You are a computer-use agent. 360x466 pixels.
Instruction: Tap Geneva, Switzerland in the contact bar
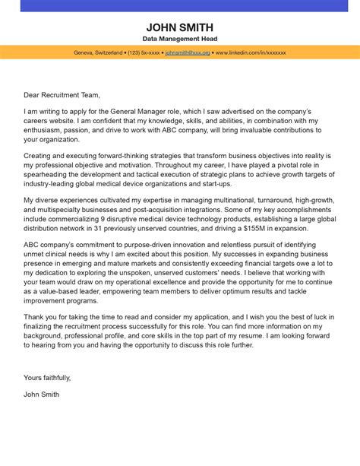click(98, 53)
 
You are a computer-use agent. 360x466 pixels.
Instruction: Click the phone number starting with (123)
click(144, 53)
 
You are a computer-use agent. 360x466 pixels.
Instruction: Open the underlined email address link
click(187, 53)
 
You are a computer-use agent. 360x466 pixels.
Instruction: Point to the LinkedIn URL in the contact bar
click(251, 53)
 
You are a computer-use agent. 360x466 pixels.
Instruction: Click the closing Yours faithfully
click(47, 377)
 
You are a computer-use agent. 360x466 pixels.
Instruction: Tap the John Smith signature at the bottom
click(41, 395)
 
